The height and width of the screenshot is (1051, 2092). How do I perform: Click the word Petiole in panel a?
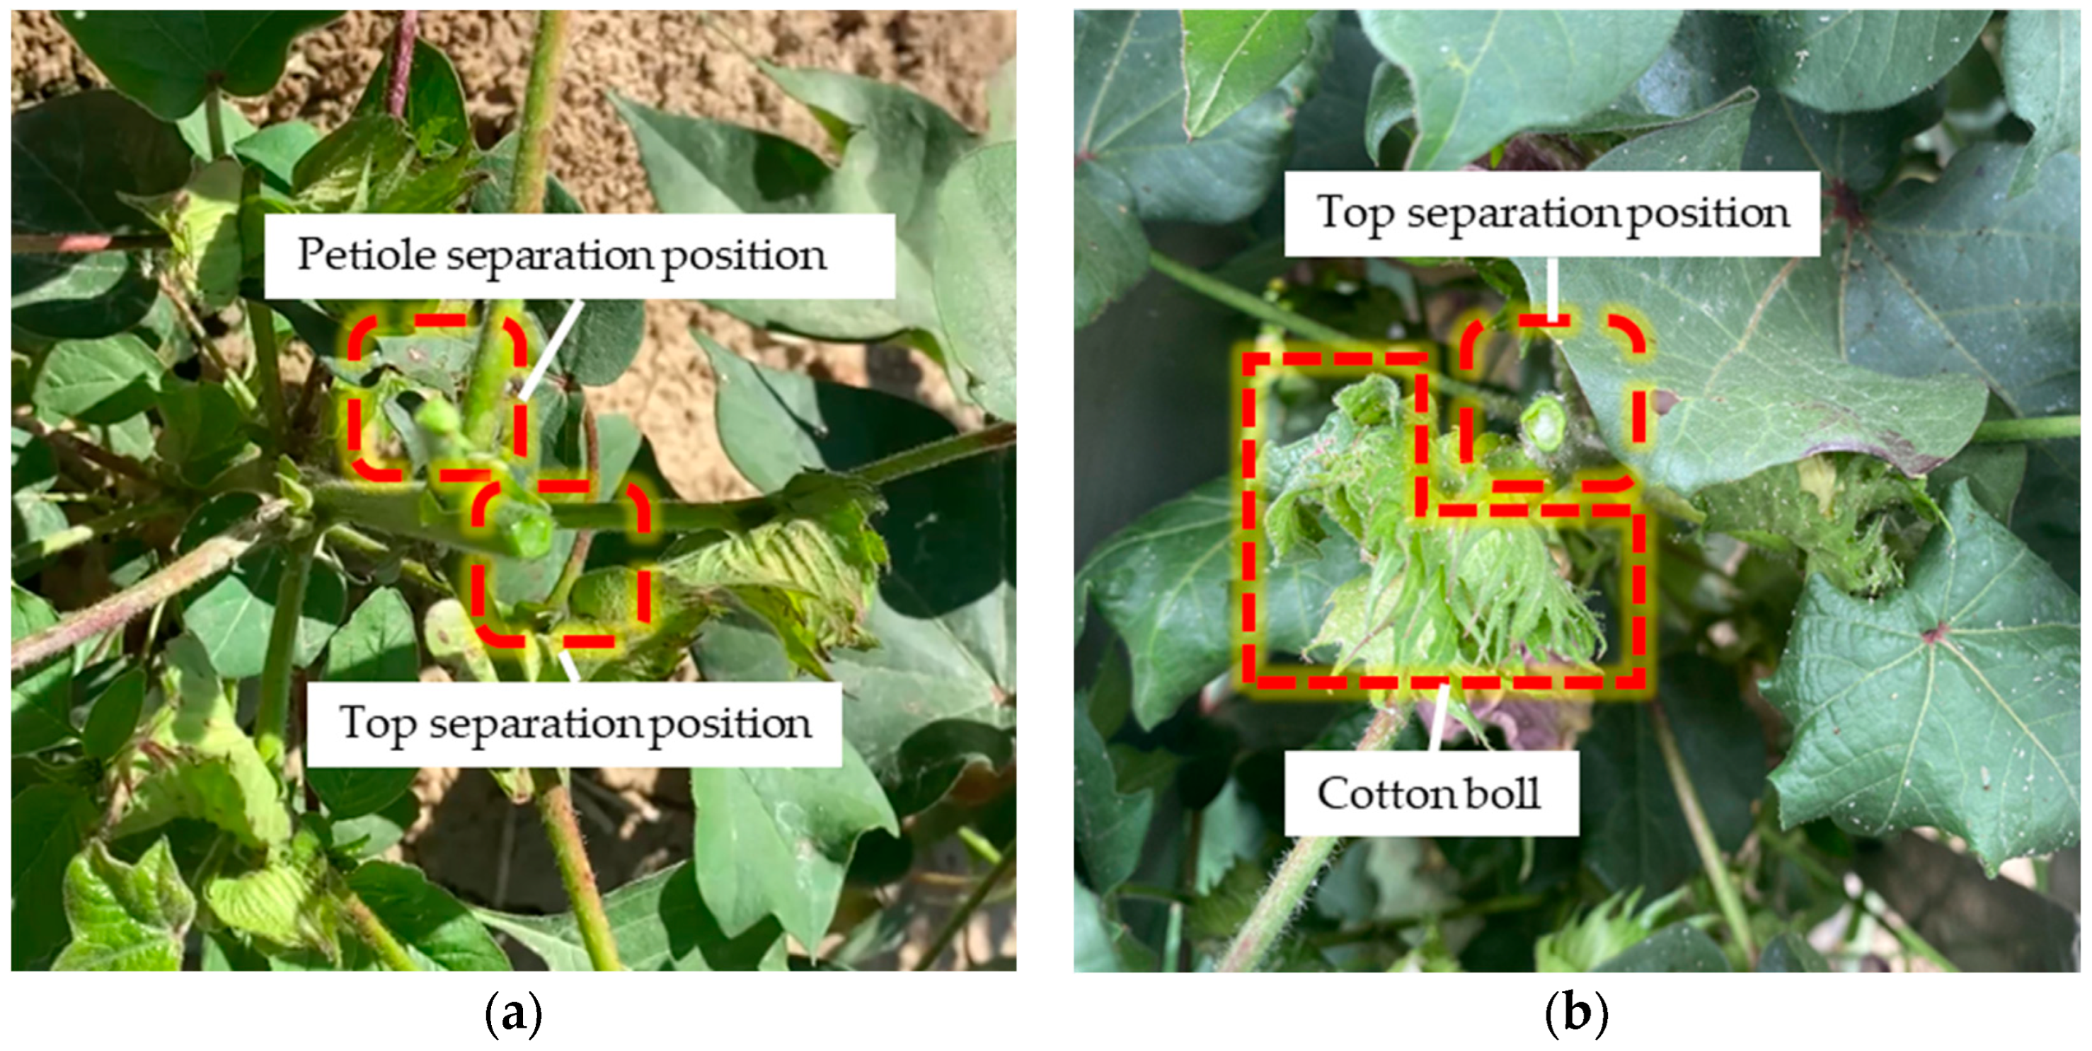click(367, 255)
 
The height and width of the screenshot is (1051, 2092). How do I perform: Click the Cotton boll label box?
click(1430, 793)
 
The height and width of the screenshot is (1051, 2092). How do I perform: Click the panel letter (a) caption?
click(513, 1014)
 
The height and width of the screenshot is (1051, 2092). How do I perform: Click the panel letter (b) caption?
click(1576, 1014)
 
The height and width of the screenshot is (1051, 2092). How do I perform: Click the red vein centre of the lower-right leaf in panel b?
click(1936, 632)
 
